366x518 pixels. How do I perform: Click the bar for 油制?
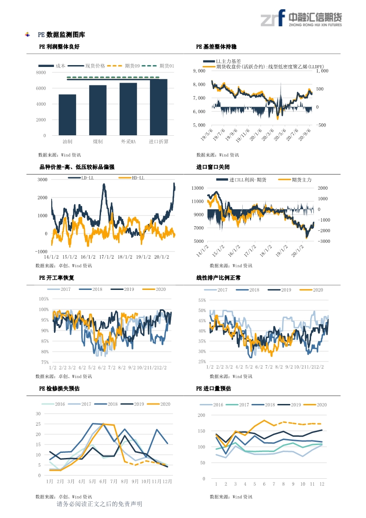(67, 115)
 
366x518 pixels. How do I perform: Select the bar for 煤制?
(98, 110)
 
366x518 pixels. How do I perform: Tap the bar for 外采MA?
(128, 109)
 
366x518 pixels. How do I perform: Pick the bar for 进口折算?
(158, 107)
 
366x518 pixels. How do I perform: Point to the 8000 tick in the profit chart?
(41, 72)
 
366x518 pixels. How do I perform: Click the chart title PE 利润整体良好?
(60, 47)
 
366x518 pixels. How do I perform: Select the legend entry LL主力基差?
(228, 61)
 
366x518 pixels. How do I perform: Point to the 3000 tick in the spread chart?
(42, 180)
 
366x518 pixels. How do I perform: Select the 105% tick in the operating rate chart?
(43, 299)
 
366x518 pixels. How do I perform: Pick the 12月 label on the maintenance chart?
(167, 481)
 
